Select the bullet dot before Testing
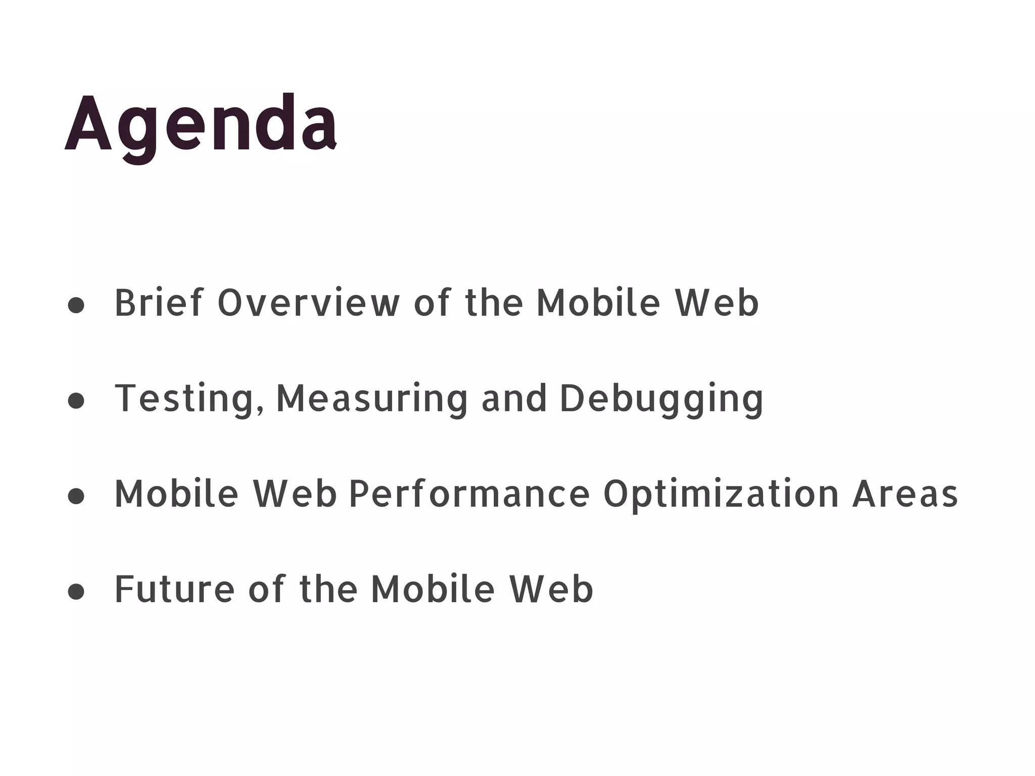coord(76,401)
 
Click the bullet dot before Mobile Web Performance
coord(76,496)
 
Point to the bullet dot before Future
coord(76,592)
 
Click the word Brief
coord(159,303)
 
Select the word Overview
coord(308,303)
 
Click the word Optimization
coord(721,494)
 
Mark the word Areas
coord(905,494)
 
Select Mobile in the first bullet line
coord(598,303)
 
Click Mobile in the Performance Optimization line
coord(176,494)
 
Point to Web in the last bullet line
coord(551,590)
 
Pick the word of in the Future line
coord(267,590)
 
